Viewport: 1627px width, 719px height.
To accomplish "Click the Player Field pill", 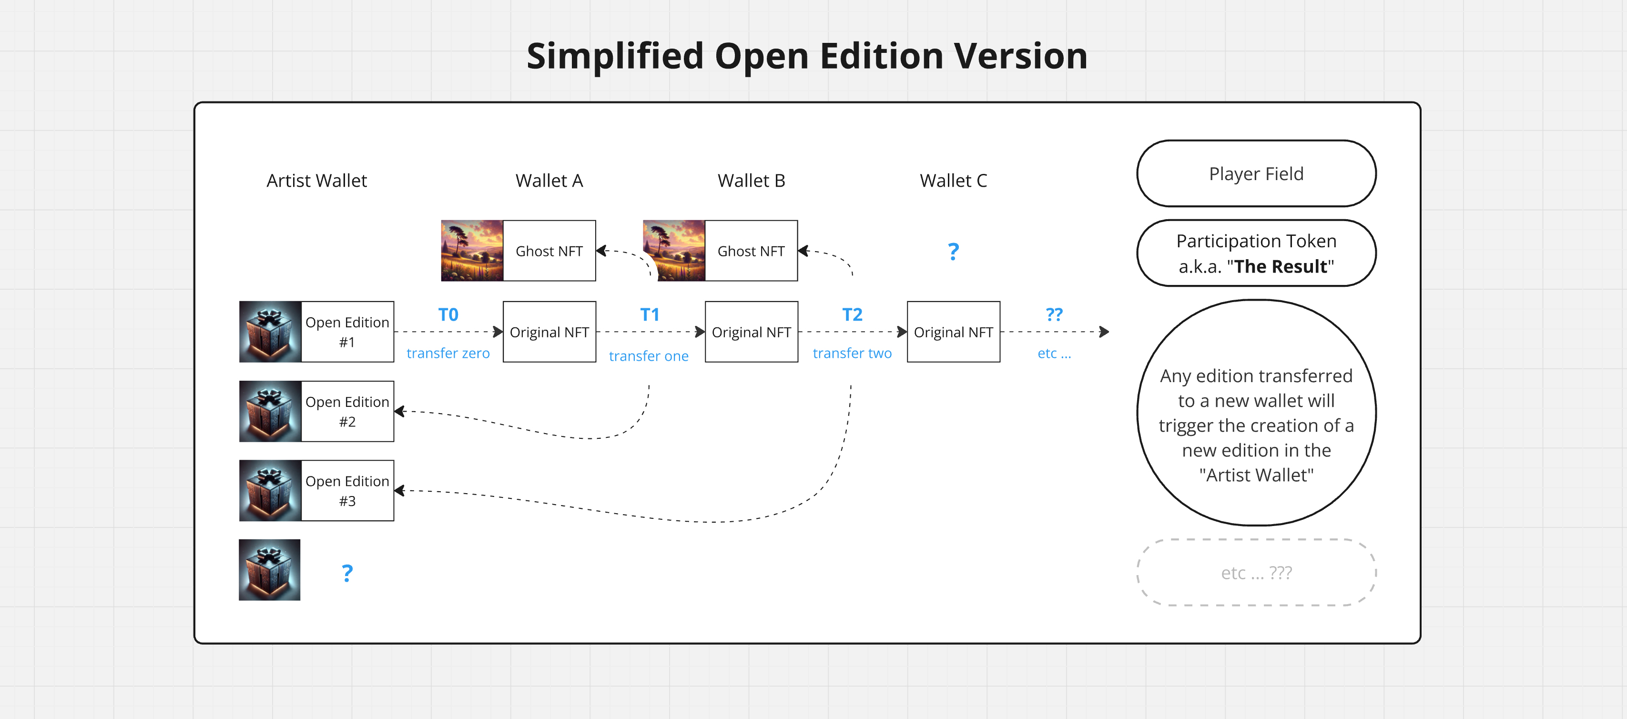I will pos(1256,173).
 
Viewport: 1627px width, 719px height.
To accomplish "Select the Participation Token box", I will pos(1256,253).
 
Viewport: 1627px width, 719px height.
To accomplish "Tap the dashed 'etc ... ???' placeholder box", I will pos(1256,573).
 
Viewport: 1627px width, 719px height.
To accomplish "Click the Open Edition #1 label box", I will pos(347,332).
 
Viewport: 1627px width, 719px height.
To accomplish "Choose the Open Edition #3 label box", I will pos(347,490).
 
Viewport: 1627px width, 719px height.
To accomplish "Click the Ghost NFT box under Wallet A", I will pos(549,251).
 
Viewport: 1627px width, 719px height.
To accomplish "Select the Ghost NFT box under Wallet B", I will pos(751,251).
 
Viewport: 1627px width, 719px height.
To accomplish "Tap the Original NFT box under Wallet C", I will pos(953,332).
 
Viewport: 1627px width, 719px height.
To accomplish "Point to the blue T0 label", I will pos(448,314).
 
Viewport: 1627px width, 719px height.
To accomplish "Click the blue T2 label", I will pos(852,314).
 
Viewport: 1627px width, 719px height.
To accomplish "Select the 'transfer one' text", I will pos(649,356).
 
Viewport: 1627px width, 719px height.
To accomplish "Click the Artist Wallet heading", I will pos(316,181).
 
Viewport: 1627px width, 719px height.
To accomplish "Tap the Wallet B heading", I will pos(751,181).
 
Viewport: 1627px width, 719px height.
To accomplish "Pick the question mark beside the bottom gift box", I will pos(347,573).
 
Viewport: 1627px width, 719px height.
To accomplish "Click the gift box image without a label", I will pos(270,569).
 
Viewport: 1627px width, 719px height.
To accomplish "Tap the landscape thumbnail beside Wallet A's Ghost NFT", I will pos(472,251).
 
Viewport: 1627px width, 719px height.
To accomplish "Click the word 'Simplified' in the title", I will pos(615,56).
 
